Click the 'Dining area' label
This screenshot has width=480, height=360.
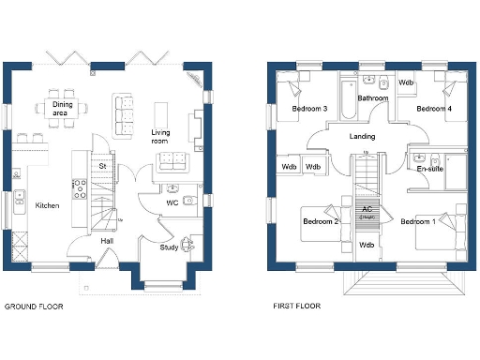[x=63, y=109]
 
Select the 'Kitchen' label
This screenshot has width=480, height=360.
[x=48, y=205]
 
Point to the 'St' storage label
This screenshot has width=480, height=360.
[x=102, y=167]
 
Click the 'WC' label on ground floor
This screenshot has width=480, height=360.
[x=172, y=202]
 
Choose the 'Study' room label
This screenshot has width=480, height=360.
[x=169, y=247]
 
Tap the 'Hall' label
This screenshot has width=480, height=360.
[x=108, y=241]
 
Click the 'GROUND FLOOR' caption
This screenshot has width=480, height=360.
[x=36, y=307]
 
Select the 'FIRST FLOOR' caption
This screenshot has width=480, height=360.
[x=296, y=307]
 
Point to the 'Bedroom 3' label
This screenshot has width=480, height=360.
[x=309, y=109]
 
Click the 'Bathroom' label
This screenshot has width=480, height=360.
[x=372, y=97]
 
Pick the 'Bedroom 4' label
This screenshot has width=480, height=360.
[x=434, y=109]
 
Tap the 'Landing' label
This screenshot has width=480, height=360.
[x=362, y=137]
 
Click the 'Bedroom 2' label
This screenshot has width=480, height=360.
[x=321, y=222]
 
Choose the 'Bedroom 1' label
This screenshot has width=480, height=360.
[x=418, y=222]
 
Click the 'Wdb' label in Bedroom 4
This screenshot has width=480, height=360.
[x=406, y=82]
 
